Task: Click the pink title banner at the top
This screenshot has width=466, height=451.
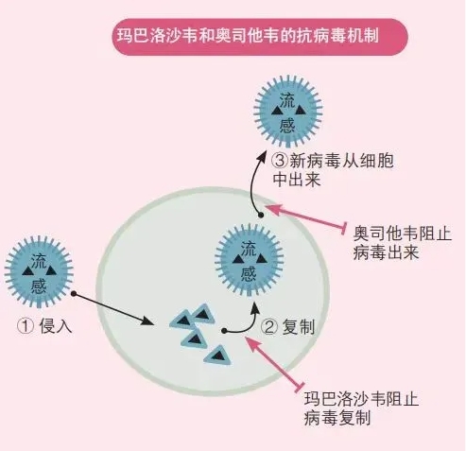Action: click(x=260, y=37)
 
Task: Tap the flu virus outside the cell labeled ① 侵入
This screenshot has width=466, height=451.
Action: click(x=39, y=271)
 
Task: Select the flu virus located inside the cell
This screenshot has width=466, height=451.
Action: click(x=250, y=260)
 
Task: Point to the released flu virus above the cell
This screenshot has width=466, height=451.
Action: click(x=288, y=112)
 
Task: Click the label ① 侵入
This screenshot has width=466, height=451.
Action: click(x=44, y=326)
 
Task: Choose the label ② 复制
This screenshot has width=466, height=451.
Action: click(x=288, y=326)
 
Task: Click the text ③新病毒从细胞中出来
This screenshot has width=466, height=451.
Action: click(x=333, y=170)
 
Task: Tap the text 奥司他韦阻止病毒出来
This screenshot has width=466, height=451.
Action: click(x=403, y=243)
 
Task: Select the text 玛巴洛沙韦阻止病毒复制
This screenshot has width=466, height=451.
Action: click(x=361, y=408)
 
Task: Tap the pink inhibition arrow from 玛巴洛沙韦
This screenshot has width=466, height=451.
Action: click(x=274, y=362)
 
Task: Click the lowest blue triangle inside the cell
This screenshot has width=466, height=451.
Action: click(x=218, y=356)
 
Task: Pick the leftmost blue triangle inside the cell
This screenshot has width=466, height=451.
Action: click(x=181, y=320)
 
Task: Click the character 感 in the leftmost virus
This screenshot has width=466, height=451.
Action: click(x=39, y=286)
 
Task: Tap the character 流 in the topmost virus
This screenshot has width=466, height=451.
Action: click(x=287, y=99)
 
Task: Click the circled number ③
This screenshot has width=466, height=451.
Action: click(x=280, y=161)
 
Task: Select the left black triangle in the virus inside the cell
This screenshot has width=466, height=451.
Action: click(x=238, y=259)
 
